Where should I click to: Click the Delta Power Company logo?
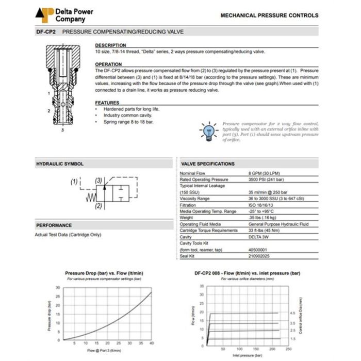tap(44, 15)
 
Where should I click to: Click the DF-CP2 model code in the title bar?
tap(46, 32)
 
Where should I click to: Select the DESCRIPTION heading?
tap(110, 45)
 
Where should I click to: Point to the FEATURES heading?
tap(107, 103)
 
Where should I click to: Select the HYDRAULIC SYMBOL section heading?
tap(59, 163)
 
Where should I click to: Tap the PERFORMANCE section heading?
tap(54, 225)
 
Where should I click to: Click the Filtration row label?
tap(188, 205)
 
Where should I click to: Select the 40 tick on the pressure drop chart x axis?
tap(151, 343)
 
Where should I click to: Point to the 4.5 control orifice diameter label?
tap(292, 313)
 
